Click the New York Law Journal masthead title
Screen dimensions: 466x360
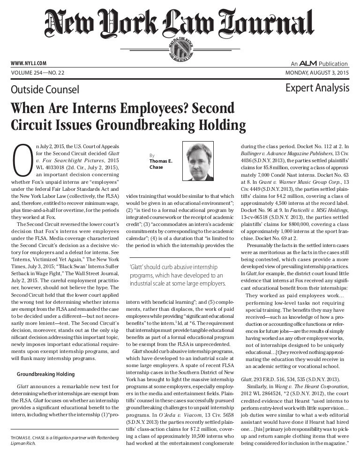pyautogui.click(x=180, y=23)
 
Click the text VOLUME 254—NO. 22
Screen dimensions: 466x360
pyautogui.click(x=37, y=73)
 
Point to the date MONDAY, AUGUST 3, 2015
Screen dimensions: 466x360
pyautogui.click(x=317, y=73)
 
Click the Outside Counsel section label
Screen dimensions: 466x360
pyautogui.click(x=45, y=90)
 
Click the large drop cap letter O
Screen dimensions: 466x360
pyautogui.click(x=22, y=162)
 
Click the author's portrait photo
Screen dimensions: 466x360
pyautogui.click(x=199, y=162)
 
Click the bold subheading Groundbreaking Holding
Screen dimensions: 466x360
pyautogui.click(x=45, y=375)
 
